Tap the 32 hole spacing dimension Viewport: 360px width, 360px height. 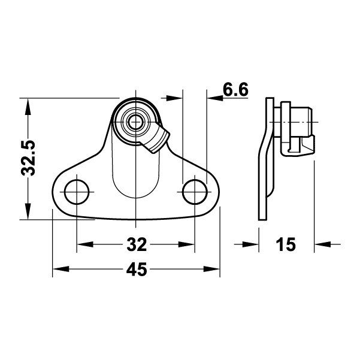(x=137, y=244)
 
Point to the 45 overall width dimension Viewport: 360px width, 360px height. (x=137, y=270)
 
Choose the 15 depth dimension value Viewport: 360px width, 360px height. (x=286, y=244)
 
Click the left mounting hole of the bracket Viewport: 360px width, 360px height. (x=77, y=191)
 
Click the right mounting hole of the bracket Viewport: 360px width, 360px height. (x=195, y=191)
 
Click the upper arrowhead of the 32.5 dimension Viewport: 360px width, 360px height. (x=27, y=105)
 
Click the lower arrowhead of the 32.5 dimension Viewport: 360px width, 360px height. (x=27, y=213)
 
